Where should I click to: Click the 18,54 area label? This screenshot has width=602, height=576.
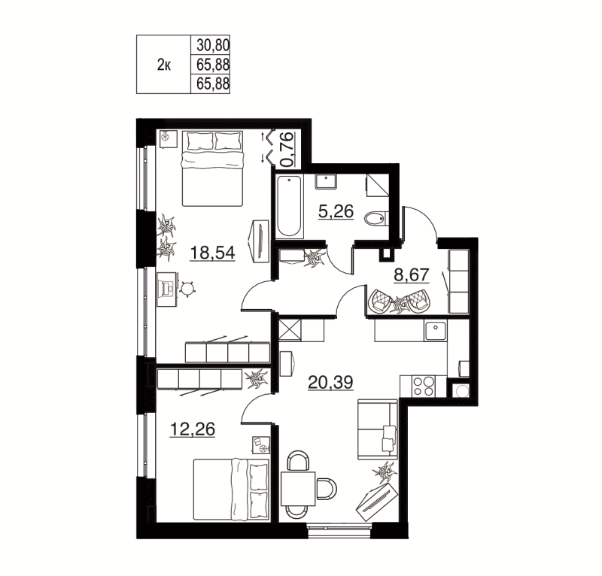click(212, 253)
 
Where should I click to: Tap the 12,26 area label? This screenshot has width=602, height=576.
click(193, 429)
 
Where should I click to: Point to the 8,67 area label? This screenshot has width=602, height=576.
click(411, 274)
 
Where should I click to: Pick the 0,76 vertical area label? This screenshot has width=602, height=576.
click(287, 150)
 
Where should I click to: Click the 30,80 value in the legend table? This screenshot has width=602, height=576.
click(211, 46)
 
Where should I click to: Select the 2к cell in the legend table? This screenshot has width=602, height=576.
click(163, 65)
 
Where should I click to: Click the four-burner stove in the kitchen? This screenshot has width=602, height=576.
click(424, 385)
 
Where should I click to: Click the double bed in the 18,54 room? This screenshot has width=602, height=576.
click(213, 168)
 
